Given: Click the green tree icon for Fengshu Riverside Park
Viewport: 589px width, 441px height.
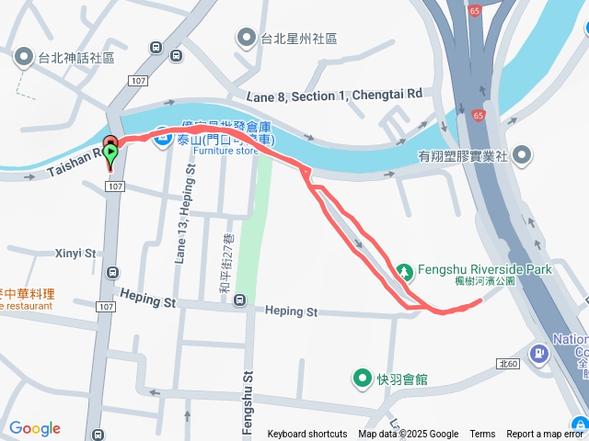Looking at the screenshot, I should [404, 271].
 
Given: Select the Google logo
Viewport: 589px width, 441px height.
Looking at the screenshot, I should [34, 428].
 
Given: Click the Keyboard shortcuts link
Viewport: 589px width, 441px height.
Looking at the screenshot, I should [307, 435].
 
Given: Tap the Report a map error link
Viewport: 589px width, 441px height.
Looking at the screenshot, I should [545, 435].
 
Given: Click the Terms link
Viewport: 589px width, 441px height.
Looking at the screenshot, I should [482, 435].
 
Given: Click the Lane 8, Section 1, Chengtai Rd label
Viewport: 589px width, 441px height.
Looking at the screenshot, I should [334, 95].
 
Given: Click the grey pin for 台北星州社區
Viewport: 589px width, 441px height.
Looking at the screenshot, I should [246, 39].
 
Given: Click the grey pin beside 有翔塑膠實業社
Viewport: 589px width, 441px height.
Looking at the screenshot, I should [523, 153].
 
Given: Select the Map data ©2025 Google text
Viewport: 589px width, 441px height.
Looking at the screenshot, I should [408, 435].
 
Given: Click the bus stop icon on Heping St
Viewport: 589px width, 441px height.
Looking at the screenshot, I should [240, 300].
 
